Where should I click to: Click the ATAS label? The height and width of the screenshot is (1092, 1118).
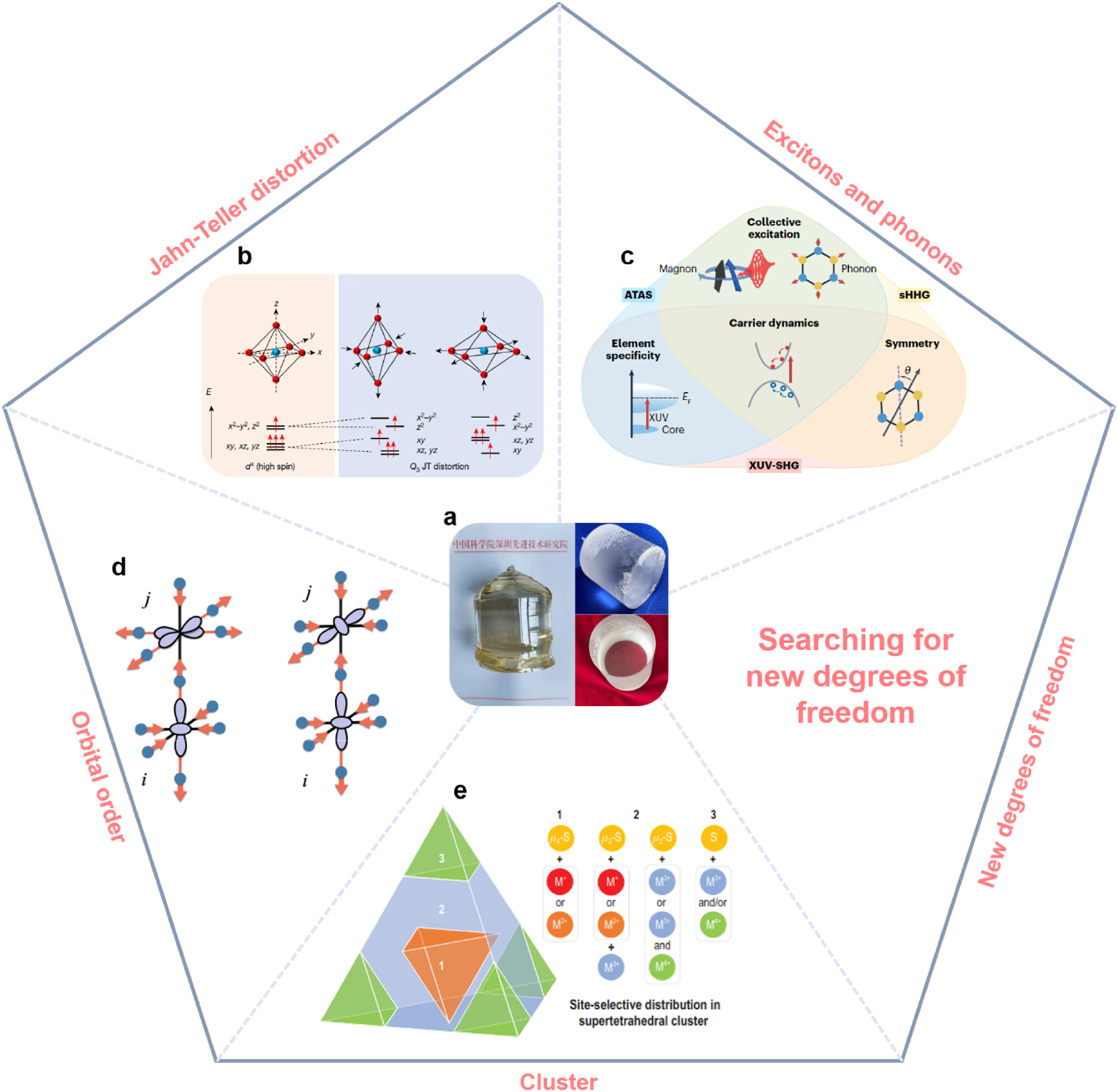pyautogui.click(x=638, y=295)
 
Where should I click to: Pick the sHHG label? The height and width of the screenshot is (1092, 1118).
pyautogui.click(x=914, y=295)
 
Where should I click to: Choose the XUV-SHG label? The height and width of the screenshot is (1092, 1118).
pyautogui.click(x=773, y=465)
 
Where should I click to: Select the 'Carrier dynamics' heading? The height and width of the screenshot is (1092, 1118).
pyautogui.click(x=773, y=323)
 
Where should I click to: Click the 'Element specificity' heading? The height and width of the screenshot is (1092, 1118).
pyautogui.click(x=633, y=349)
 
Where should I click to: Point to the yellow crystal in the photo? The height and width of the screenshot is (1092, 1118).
pyautogui.click(x=510, y=620)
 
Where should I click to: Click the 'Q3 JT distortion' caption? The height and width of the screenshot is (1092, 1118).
pyautogui.click(x=439, y=466)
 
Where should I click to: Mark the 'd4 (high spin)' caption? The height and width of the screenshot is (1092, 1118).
pyautogui.click(x=269, y=466)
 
